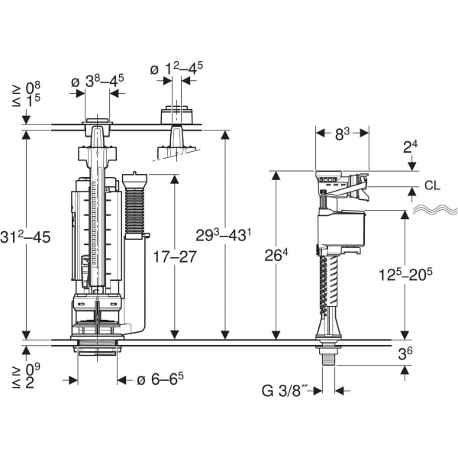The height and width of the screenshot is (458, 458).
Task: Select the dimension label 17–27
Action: click(x=176, y=256)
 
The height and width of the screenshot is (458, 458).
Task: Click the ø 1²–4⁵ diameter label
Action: click(x=176, y=67)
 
